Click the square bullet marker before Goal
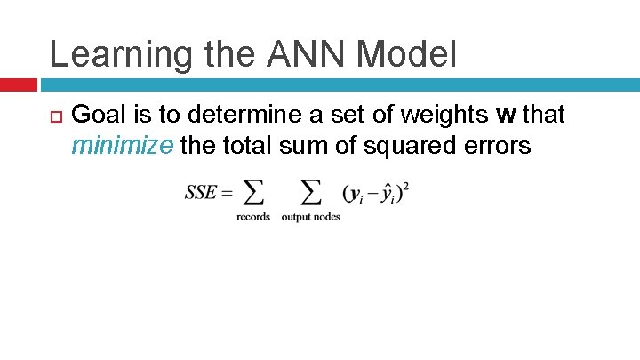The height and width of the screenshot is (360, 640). point(54,116)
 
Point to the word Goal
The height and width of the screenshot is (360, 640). point(100,115)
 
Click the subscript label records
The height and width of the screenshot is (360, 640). point(253,217)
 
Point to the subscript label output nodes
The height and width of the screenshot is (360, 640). point(310,217)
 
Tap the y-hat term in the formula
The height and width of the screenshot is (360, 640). point(388,194)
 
